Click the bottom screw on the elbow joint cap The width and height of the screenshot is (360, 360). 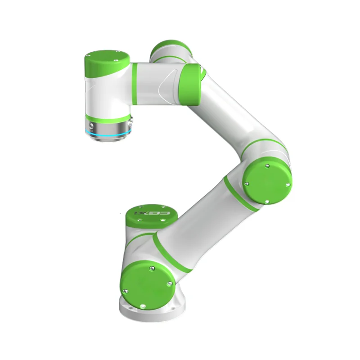point(267,201)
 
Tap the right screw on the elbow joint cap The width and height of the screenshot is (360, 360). point(287,184)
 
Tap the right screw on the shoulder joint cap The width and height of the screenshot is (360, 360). point(168,283)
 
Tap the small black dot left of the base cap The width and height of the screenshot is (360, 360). point(121,212)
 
